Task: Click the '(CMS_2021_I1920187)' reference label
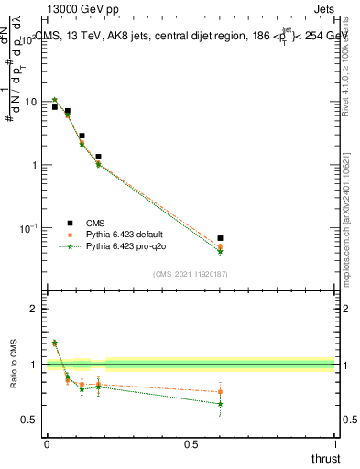[190, 273]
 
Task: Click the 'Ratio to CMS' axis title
[13, 379]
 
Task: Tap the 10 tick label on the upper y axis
[31, 102]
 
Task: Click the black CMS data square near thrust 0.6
[220, 238]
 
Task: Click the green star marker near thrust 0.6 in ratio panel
[220, 404]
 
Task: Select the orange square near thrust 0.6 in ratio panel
[220, 391]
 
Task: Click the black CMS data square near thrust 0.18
[98, 157]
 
